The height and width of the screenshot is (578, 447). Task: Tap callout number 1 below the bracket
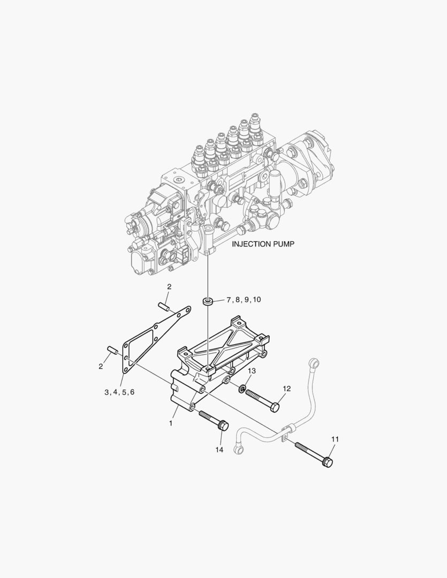coord(171,423)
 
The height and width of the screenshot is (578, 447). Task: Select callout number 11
coord(335,439)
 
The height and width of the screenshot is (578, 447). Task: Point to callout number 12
coord(287,389)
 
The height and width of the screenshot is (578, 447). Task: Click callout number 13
coord(252,371)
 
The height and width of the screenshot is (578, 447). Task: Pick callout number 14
coord(219,450)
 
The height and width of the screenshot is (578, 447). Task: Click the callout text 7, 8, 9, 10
coord(244,300)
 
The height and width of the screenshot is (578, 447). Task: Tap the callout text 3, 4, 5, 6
coord(119,392)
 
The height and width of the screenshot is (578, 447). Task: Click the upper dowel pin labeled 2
coord(164,307)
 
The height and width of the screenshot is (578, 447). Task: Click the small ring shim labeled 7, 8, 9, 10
coord(208,301)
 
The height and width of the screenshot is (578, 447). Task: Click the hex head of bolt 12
coord(274,408)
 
